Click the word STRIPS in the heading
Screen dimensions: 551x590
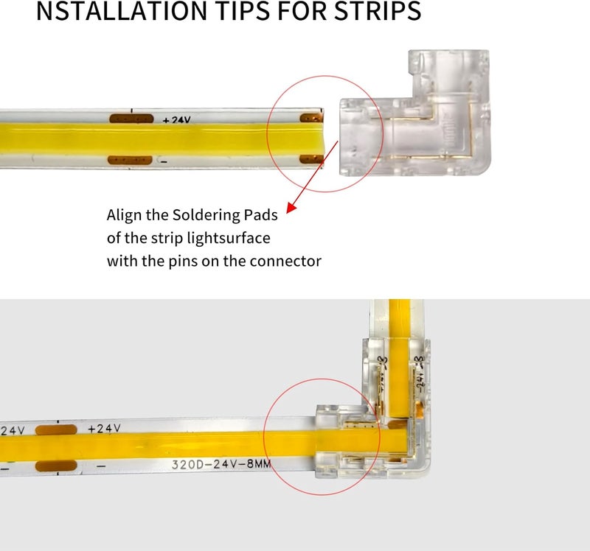pos(367,13)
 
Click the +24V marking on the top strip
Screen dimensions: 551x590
pos(177,119)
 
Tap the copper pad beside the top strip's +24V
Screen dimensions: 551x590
pos(131,119)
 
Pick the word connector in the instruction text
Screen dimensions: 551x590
pos(286,262)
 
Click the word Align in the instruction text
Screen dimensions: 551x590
pos(125,216)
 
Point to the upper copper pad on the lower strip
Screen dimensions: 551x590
pos(55,429)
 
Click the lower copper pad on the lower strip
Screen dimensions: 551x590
pos(55,467)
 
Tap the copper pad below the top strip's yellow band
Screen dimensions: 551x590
pos(131,160)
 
